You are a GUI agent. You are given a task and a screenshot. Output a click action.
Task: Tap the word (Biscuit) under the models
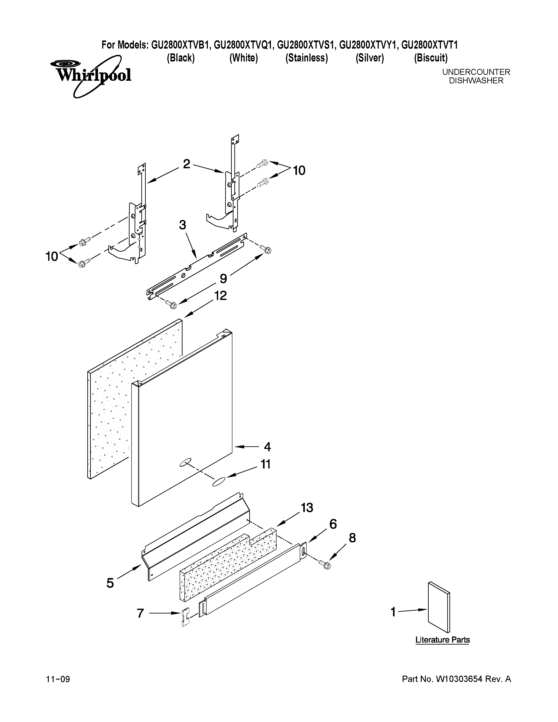click(430, 58)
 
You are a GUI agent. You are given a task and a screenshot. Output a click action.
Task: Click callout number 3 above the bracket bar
click(182, 225)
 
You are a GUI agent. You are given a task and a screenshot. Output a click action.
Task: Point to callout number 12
click(221, 295)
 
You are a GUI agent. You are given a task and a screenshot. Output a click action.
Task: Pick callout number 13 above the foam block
click(307, 507)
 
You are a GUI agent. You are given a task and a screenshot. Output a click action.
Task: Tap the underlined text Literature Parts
click(442, 640)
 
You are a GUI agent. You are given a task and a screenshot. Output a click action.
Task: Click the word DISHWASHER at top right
click(476, 81)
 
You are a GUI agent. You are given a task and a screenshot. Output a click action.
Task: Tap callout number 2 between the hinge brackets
click(186, 164)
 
